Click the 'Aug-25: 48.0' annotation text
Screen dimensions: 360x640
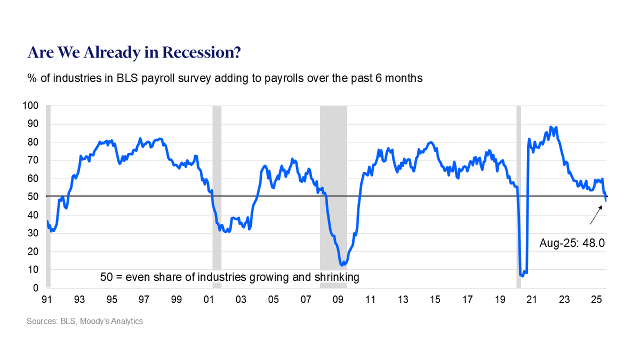point(572,243)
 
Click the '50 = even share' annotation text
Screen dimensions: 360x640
point(229,277)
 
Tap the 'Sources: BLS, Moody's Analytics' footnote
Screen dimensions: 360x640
point(85,322)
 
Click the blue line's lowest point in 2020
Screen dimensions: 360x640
point(522,276)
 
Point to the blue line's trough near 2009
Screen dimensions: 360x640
point(342,265)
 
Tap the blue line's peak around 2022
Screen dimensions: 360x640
point(551,127)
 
